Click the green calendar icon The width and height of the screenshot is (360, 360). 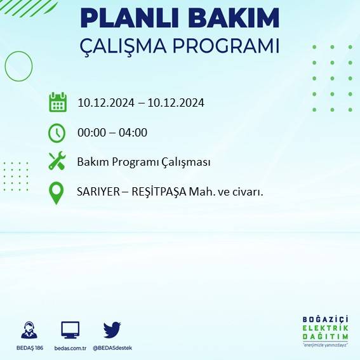(x=57, y=102)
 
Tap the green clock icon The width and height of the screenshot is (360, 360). (x=57, y=133)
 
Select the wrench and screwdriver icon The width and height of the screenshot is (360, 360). (x=57, y=161)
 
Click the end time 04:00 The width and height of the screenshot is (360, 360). (x=133, y=133)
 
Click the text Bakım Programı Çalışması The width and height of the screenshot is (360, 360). (x=143, y=162)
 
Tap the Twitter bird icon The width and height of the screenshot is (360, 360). (x=112, y=330)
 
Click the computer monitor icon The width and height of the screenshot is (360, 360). (x=70, y=330)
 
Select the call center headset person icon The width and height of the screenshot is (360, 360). (x=29, y=330)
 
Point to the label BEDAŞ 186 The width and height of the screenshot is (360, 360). (x=29, y=348)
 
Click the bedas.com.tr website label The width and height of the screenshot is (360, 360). (x=70, y=348)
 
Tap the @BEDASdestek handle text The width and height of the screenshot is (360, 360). (x=112, y=348)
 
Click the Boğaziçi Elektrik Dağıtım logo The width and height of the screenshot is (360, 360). (x=326, y=331)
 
